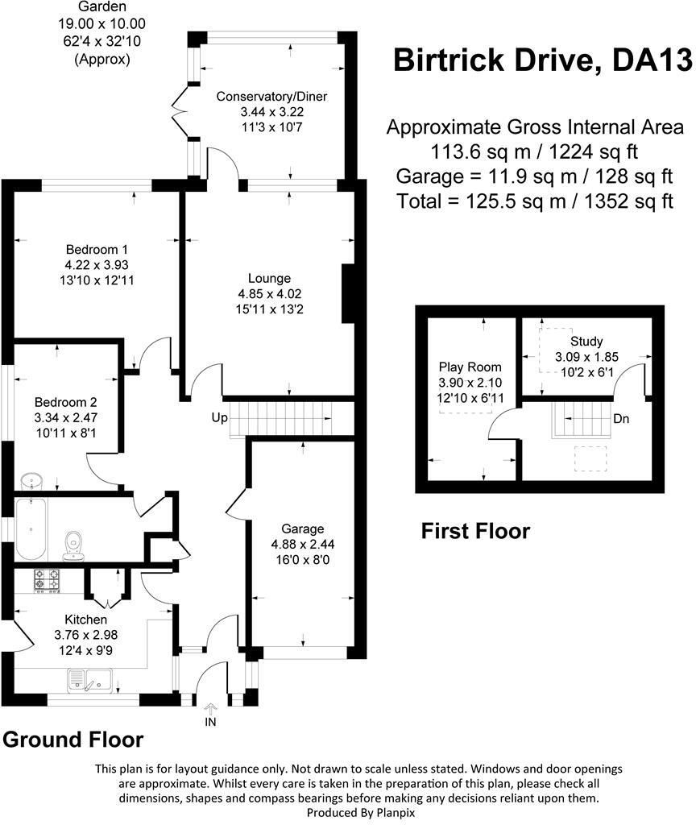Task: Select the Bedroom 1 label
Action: coord(97,249)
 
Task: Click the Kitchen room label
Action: coord(85,620)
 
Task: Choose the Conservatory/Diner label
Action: coord(271,97)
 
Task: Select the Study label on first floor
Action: coord(586,341)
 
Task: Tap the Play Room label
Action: coord(470,367)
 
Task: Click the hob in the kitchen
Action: coord(48,580)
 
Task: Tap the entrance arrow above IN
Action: coord(211,709)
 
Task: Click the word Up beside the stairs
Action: coord(218,419)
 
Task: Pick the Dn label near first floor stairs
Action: coord(621,419)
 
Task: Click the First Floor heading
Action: coord(475,531)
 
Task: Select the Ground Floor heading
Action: coord(73,739)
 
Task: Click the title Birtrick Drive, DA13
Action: coord(541,60)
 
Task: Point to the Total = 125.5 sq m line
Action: coord(535,201)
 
